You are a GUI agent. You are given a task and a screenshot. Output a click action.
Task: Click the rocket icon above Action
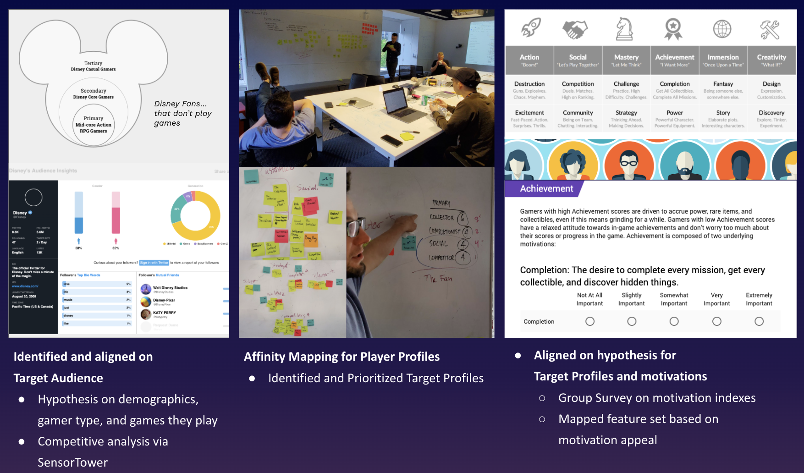531,28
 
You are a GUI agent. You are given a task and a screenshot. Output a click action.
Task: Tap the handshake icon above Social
575,29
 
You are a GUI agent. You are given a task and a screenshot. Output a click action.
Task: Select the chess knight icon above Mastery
624,28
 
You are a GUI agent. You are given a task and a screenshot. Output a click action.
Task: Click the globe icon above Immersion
722,29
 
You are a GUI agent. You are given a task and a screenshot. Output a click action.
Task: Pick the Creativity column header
771,60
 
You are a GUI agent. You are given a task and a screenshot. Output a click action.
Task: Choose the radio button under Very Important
717,321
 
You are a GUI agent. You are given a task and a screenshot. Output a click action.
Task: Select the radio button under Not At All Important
590,321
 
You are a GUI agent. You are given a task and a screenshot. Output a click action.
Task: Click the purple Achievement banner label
546,188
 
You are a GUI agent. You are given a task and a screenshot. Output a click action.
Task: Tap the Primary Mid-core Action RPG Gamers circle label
94,125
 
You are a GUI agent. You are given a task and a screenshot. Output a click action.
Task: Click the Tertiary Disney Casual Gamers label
94,66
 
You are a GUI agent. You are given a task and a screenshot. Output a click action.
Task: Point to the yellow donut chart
196,215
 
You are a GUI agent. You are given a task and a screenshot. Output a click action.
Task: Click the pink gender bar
116,213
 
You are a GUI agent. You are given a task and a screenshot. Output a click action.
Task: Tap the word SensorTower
73,462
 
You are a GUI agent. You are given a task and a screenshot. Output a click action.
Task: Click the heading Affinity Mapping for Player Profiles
341,357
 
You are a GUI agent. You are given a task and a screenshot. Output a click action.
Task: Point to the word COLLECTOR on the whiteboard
442,217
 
